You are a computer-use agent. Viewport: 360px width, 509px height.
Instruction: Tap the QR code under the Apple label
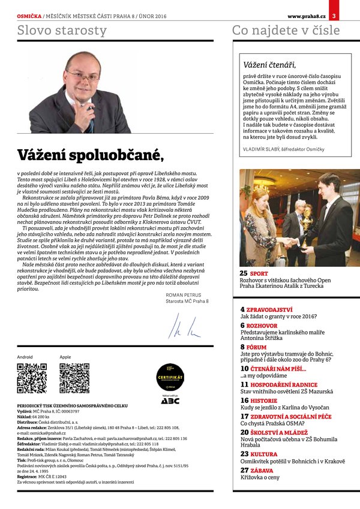[x=74, y=378]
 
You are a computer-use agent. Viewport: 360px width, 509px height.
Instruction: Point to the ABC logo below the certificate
[x=169, y=400]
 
